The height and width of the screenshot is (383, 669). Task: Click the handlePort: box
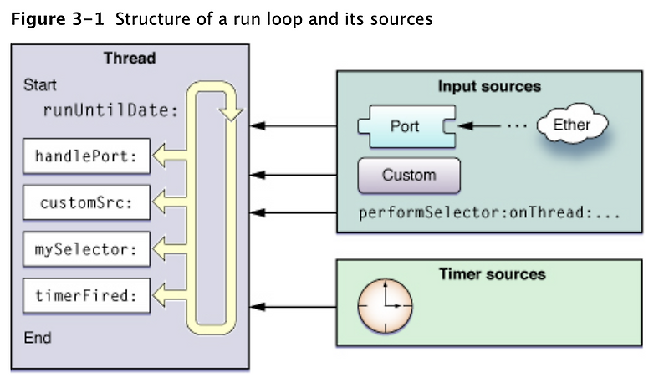pyautogui.click(x=87, y=156)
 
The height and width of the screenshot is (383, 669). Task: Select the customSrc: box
pyautogui.click(x=87, y=202)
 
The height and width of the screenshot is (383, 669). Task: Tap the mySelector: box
pyautogui.click(x=87, y=248)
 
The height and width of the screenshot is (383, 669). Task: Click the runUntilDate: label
pyautogui.click(x=110, y=109)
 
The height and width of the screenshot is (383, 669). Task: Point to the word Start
pyautogui.click(x=40, y=85)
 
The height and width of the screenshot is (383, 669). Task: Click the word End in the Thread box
pyautogui.click(x=38, y=338)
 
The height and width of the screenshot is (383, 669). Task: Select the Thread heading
pyautogui.click(x=129, y=59)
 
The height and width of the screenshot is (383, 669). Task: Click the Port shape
pyautogui.click(x=405, y=127)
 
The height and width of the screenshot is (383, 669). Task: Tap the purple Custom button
pyautogui.click(x=409, y=176)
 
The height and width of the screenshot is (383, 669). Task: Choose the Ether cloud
pyautogui.click(x=572, y=125)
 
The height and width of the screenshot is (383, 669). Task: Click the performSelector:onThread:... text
pyautogui.click(x=489, y=212)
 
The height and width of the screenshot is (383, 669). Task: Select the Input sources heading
pyautogui.click(x=489, y=86)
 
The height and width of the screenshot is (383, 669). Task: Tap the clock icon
pyautogui.click(x=386, y=305)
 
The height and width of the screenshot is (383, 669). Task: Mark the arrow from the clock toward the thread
pyautogui.click(x=297, y=306)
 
